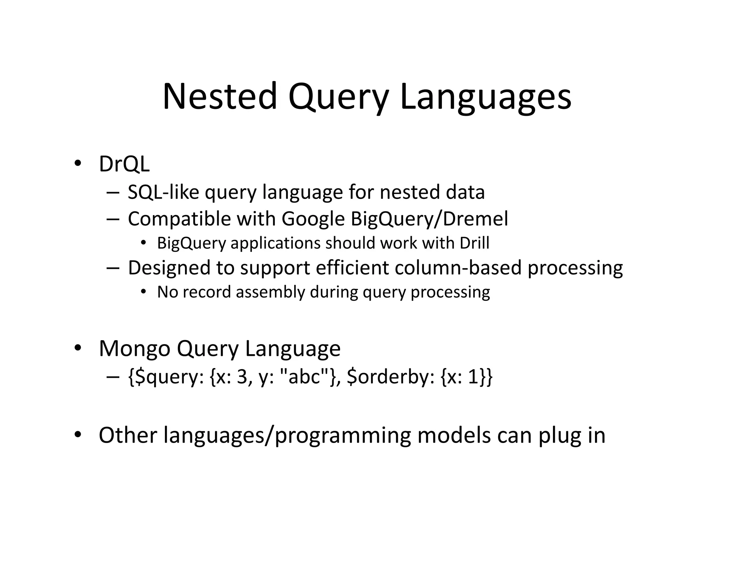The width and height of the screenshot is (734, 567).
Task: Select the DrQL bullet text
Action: click(124, 164)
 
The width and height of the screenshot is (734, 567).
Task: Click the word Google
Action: click(313, 219)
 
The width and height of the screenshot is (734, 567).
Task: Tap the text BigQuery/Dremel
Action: click(429, 219)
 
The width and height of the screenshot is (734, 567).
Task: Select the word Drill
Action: click(474, 243)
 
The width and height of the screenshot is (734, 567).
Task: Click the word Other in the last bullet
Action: click(128, 435)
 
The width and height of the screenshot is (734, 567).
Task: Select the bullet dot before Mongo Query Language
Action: click(77, 348)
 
